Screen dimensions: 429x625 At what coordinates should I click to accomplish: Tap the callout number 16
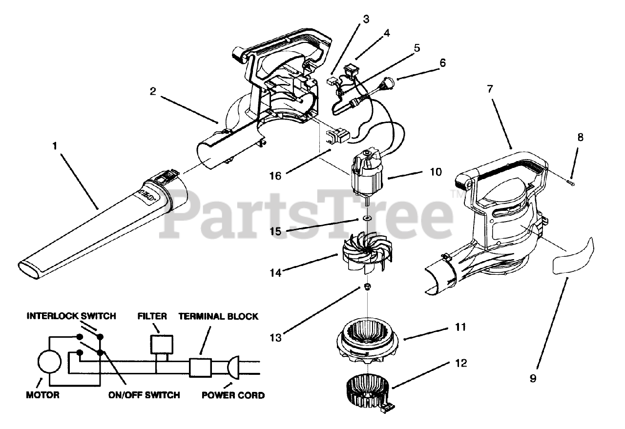276,175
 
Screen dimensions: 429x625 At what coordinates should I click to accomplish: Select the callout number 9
532,378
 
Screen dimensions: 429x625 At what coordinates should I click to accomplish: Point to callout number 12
460,363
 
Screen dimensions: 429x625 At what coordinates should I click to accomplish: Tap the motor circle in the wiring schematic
49,362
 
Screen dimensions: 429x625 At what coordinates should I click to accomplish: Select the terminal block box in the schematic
200,367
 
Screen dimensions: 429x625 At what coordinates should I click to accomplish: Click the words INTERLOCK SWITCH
71,316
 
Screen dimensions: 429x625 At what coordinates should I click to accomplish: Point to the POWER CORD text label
233,395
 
